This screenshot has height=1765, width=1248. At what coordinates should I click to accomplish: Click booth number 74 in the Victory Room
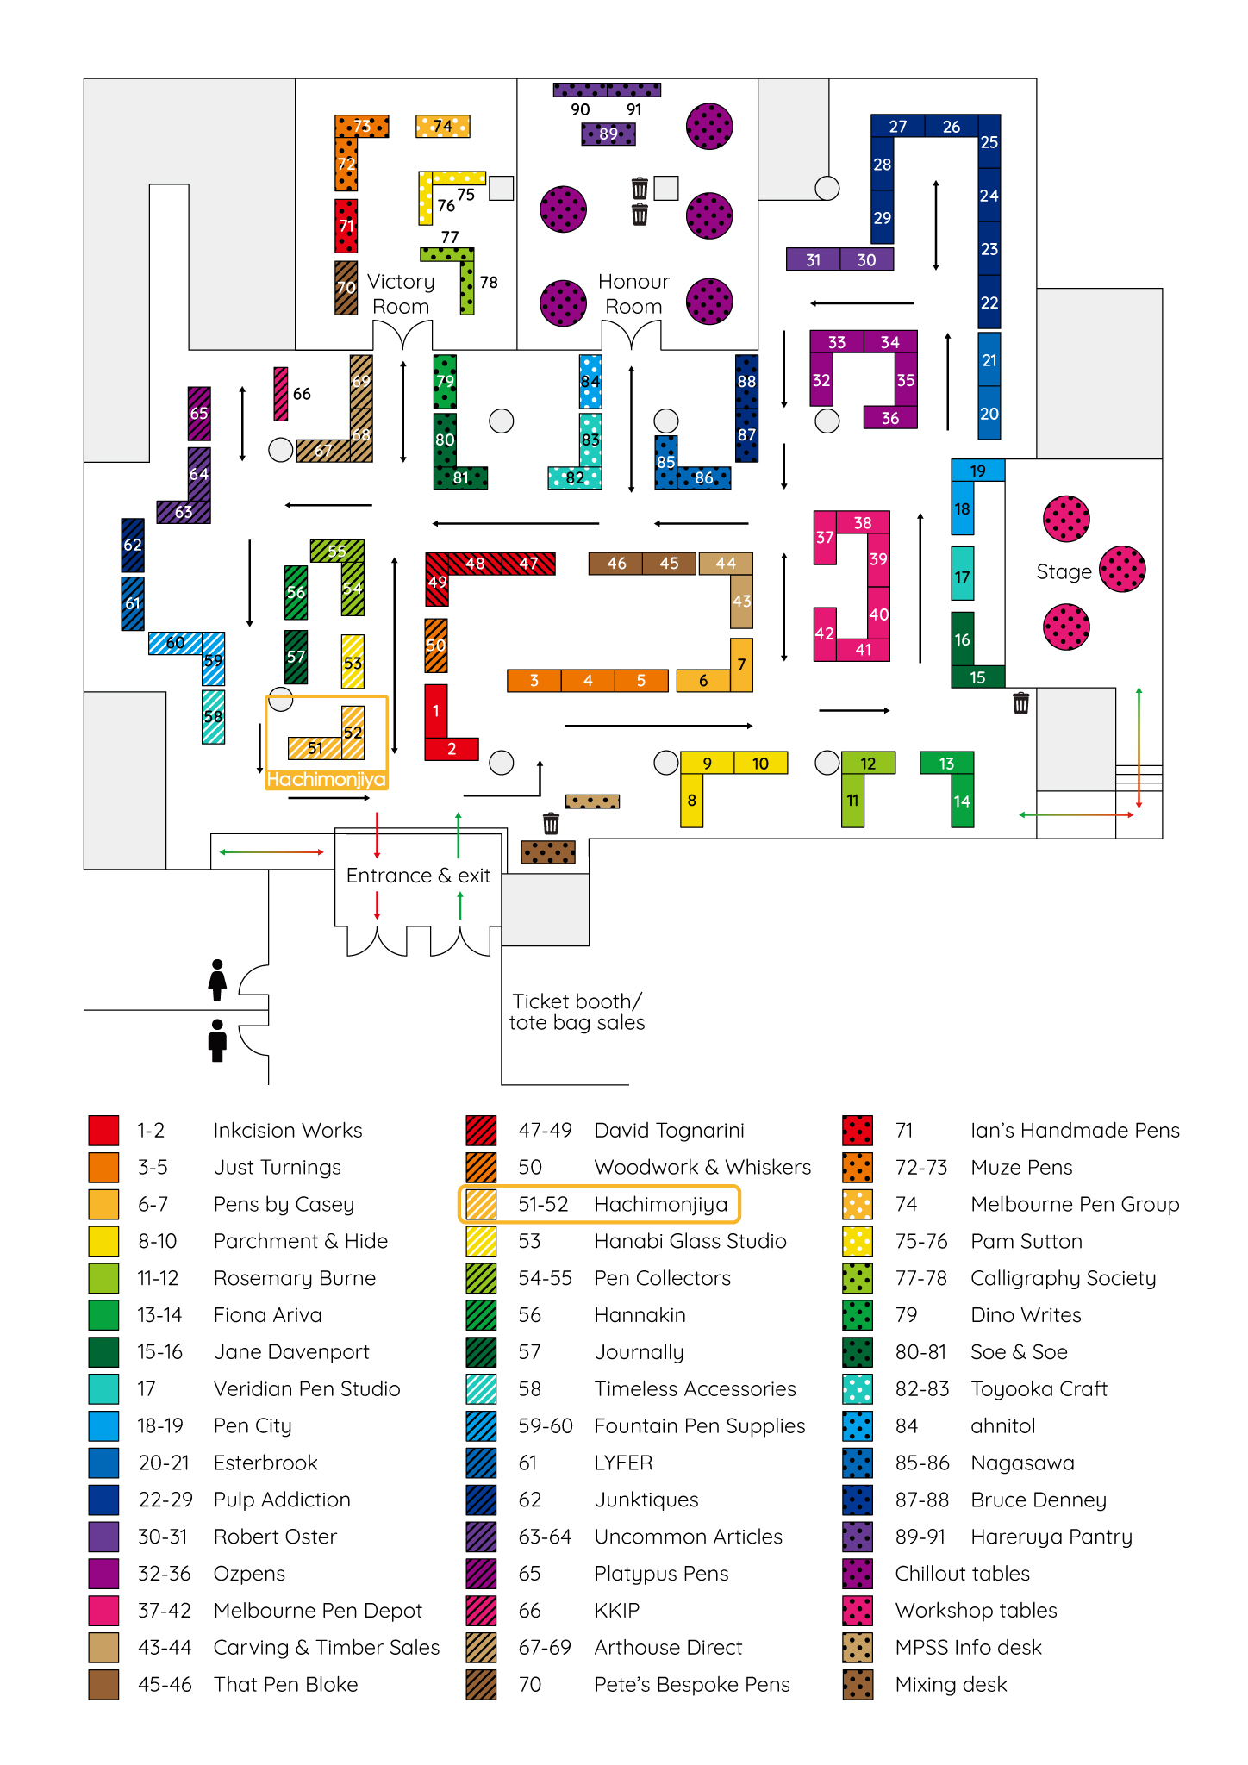pyautogui.click(x=442, y=127)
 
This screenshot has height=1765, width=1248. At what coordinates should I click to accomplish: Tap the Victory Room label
pyautogui.click(x=401, y=294)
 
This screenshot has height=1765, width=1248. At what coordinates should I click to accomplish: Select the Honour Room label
pyautogui.click(x=633, y=294)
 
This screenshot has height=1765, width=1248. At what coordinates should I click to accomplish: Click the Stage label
pyautogui.click(x=1064, y=572)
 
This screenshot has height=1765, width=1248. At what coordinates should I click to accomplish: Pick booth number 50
pyautogui.click(x=436, y=646)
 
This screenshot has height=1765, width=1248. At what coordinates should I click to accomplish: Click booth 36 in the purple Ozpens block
pyautogui.click(x=890, y=418)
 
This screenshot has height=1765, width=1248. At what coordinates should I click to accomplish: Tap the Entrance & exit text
pyautogui.click(x=418, y=876)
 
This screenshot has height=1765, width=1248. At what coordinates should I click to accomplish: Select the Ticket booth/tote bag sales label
pyautogui.click(x=577, y=1012)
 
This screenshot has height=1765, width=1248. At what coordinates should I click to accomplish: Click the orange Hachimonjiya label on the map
pyautogui.click(x=326, y=779)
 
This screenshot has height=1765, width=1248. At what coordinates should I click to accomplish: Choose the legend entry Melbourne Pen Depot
pyautogui.click(x=317, y=1610)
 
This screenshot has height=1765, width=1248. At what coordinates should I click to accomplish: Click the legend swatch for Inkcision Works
pyautogui.click(x=103, y=1130)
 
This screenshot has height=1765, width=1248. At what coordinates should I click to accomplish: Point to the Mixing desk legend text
pyautogui.click(x=951, y=1684)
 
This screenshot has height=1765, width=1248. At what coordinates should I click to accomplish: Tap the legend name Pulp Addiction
pyautogui.click(x=282, y=1500)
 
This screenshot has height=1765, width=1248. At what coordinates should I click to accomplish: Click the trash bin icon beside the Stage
pyautogui.click(x=1020, y=703)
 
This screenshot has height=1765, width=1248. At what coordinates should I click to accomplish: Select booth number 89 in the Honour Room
pyautogui.click(x=608, y=134)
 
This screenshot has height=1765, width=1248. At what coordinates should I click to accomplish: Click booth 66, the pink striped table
pyautogui.click(x=281, y=394)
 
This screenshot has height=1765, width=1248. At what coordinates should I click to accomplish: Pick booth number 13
pyautogui.click(x=946, y=764)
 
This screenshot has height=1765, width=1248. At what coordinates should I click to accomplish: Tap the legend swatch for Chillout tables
pyautogui.click(x=858, y=1574)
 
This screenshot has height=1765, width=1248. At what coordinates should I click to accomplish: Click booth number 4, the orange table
pyautogui.click(x=588, y=681)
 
